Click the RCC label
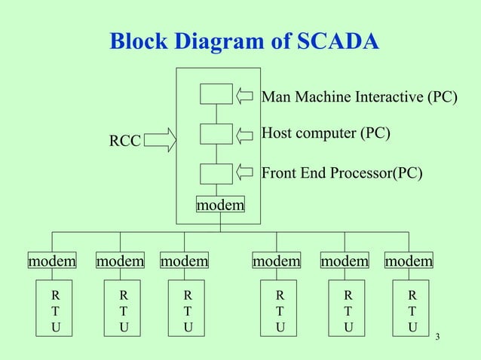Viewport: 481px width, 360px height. click(x=124, y=141)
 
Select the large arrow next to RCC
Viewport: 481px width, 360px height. click(x=159, y=139)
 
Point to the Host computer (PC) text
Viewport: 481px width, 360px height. click(x=325, y=133)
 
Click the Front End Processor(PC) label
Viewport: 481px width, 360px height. click(x=342, y=174)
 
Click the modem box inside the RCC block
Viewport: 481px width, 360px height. click(x=220, y=205)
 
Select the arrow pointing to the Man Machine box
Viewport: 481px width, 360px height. click(x=245, y=96)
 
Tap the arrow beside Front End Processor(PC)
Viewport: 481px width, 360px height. click(x=245, y=172)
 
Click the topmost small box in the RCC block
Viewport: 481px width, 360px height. click(x=216, y=94)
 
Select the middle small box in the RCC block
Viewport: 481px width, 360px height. click(x=216, y=133)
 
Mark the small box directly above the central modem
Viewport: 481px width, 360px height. click(x=216, y=173)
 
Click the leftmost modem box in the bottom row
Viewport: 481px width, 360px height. click(x=52, y=261)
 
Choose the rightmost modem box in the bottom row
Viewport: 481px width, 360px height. click(x=409, y=261)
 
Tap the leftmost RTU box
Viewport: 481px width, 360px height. click(x=57, y=309)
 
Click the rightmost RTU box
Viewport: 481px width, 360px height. click(x=412, y=309)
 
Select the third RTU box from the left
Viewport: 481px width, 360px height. click(x=188, y=309)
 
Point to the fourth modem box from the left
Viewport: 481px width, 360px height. click(x=276, y=261)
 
